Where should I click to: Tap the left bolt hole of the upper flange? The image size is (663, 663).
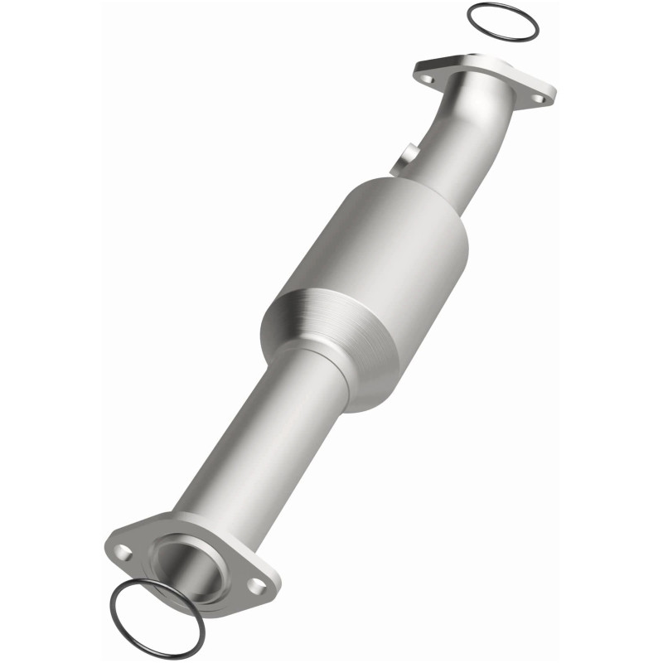(428, 79)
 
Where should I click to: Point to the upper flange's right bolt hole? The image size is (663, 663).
(537, 99)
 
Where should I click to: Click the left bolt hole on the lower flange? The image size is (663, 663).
(123, 550)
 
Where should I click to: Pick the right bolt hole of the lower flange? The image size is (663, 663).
(257, 585)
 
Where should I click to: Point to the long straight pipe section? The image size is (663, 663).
(249, 448)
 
